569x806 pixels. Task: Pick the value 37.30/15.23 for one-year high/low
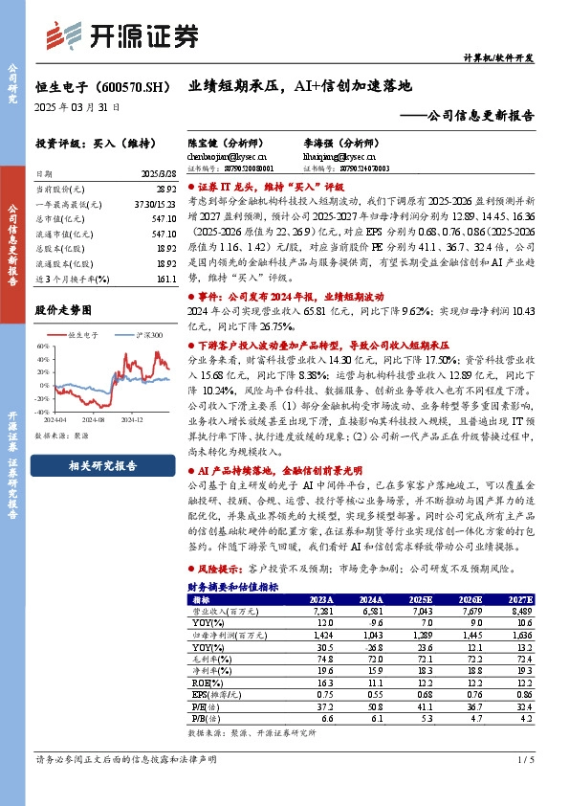157,204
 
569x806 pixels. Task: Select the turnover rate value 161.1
166,279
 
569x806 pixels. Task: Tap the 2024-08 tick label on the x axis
92,419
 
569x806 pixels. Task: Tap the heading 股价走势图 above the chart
63,310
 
